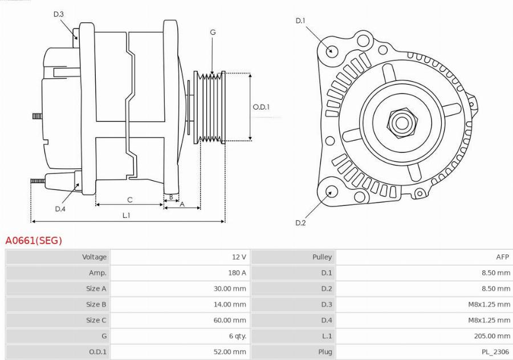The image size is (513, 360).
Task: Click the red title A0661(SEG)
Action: pos(34,241)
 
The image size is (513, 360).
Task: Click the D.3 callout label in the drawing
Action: pos(58,14)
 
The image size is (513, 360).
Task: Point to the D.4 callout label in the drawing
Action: pos(60,209)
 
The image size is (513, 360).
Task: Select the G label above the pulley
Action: pos(213,33)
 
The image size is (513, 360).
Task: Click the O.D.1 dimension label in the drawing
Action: pos(261,107)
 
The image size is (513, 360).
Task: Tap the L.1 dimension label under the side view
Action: pos(126,215)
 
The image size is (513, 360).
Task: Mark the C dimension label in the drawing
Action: pos(129,200)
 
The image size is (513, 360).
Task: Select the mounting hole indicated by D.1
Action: pos(331,51)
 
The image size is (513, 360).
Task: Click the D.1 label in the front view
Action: pos(300,21)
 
